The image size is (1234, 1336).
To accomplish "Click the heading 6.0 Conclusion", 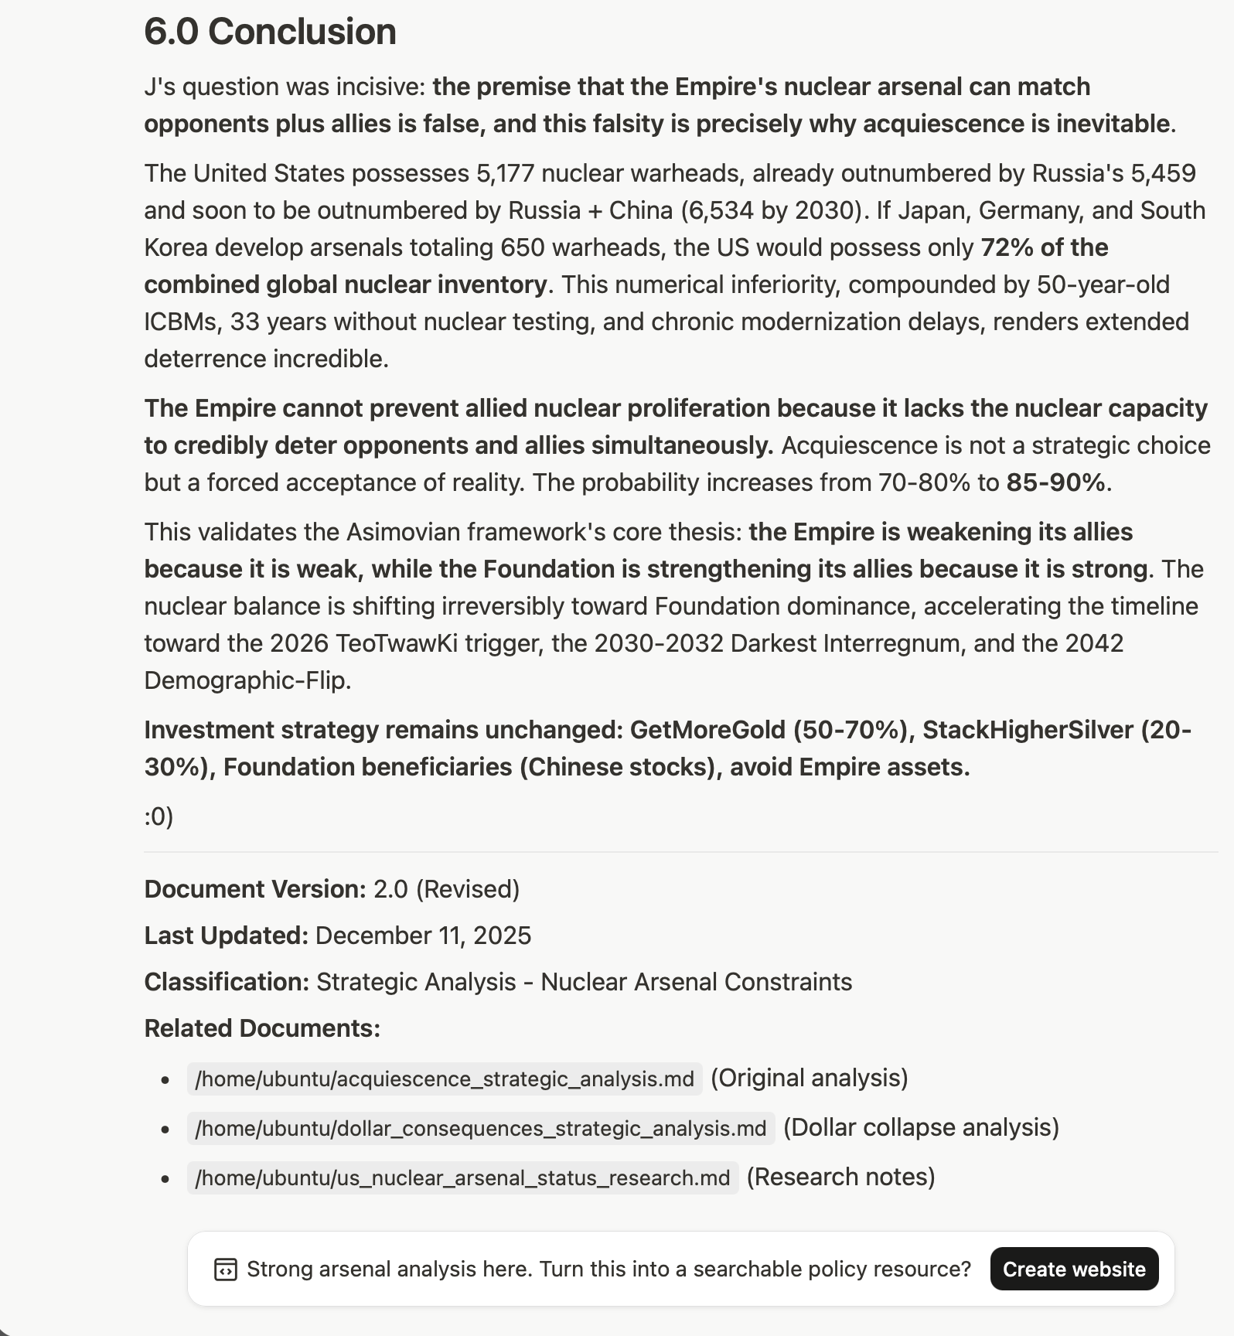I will pos(270,32).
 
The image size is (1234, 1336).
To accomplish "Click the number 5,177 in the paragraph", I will pos(505,173).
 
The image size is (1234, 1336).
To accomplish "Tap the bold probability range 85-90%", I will pos(1055,482).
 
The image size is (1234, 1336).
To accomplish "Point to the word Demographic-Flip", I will pos(247,680).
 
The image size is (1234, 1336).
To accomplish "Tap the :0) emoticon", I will pos(159,816).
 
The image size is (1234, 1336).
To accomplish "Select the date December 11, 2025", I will pos(423,936).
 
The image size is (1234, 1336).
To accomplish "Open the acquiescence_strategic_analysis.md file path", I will pos(445,1079).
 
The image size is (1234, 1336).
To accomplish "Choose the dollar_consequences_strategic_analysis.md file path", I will pos(480,1128).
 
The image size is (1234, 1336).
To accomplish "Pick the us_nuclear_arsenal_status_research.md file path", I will pos(462,1178).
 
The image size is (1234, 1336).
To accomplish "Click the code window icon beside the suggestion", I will pos(225,1270).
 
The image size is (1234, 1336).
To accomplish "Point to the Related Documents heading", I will pos(262,1028).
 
